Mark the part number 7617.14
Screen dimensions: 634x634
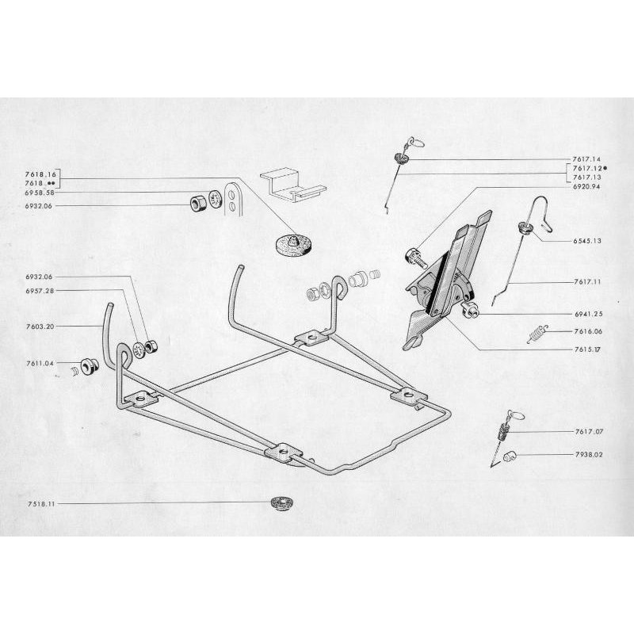tap(586, 159)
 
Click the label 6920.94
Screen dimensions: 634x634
tap(586, 187)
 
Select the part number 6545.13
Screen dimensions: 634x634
tap(586, 239)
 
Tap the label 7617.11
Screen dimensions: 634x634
tap(586, 281)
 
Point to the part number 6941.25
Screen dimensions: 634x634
tap(586, 314)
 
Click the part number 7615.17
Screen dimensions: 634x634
tap(586, 349)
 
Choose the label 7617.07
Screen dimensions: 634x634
tap(586, 432)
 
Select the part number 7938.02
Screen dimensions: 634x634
tap(586, 456)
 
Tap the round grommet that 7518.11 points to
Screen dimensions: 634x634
tap(278, 502)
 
